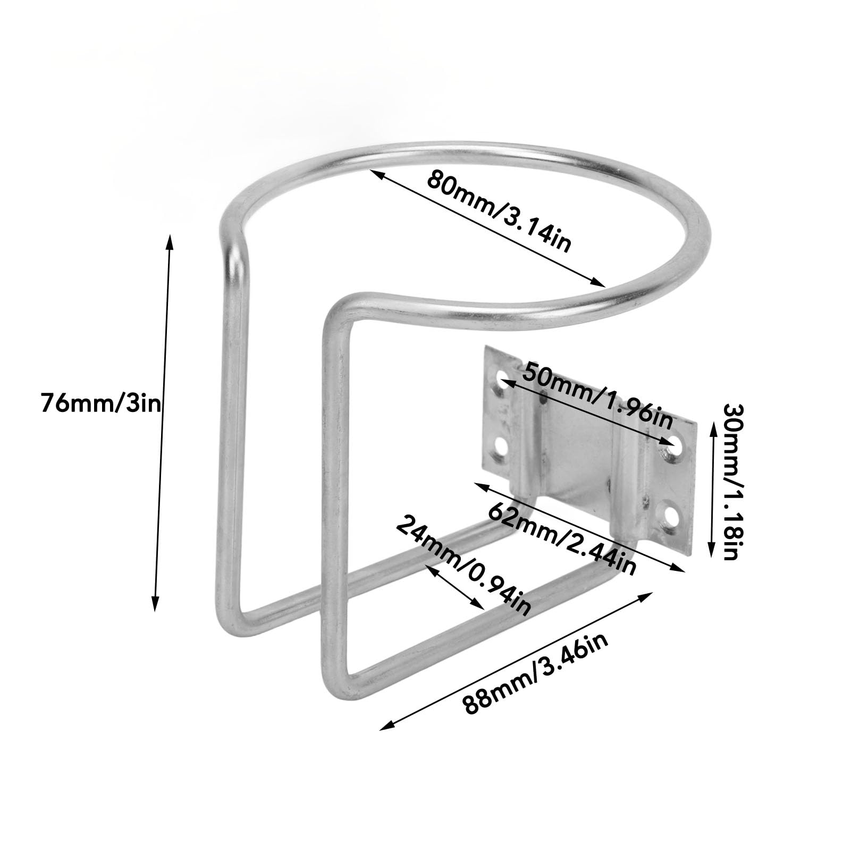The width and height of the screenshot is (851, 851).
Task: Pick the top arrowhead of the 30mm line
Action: [x=714, y=425]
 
